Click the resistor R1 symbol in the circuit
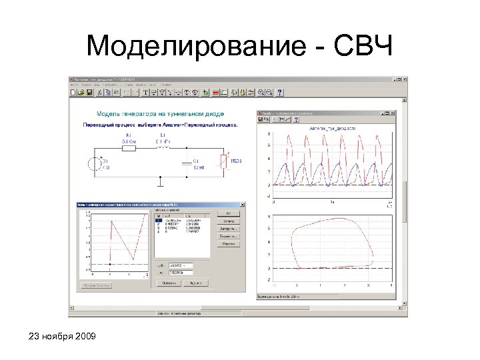point(129,148)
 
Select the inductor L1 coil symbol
point(162,148)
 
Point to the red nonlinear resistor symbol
point(225,161)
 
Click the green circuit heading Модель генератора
point(161,114)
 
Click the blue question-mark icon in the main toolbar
point(280,92)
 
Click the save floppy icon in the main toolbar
point(89,92)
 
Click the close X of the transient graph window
point(393,113)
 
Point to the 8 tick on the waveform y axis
point(269,133)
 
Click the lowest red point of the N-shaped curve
point(133,259)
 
